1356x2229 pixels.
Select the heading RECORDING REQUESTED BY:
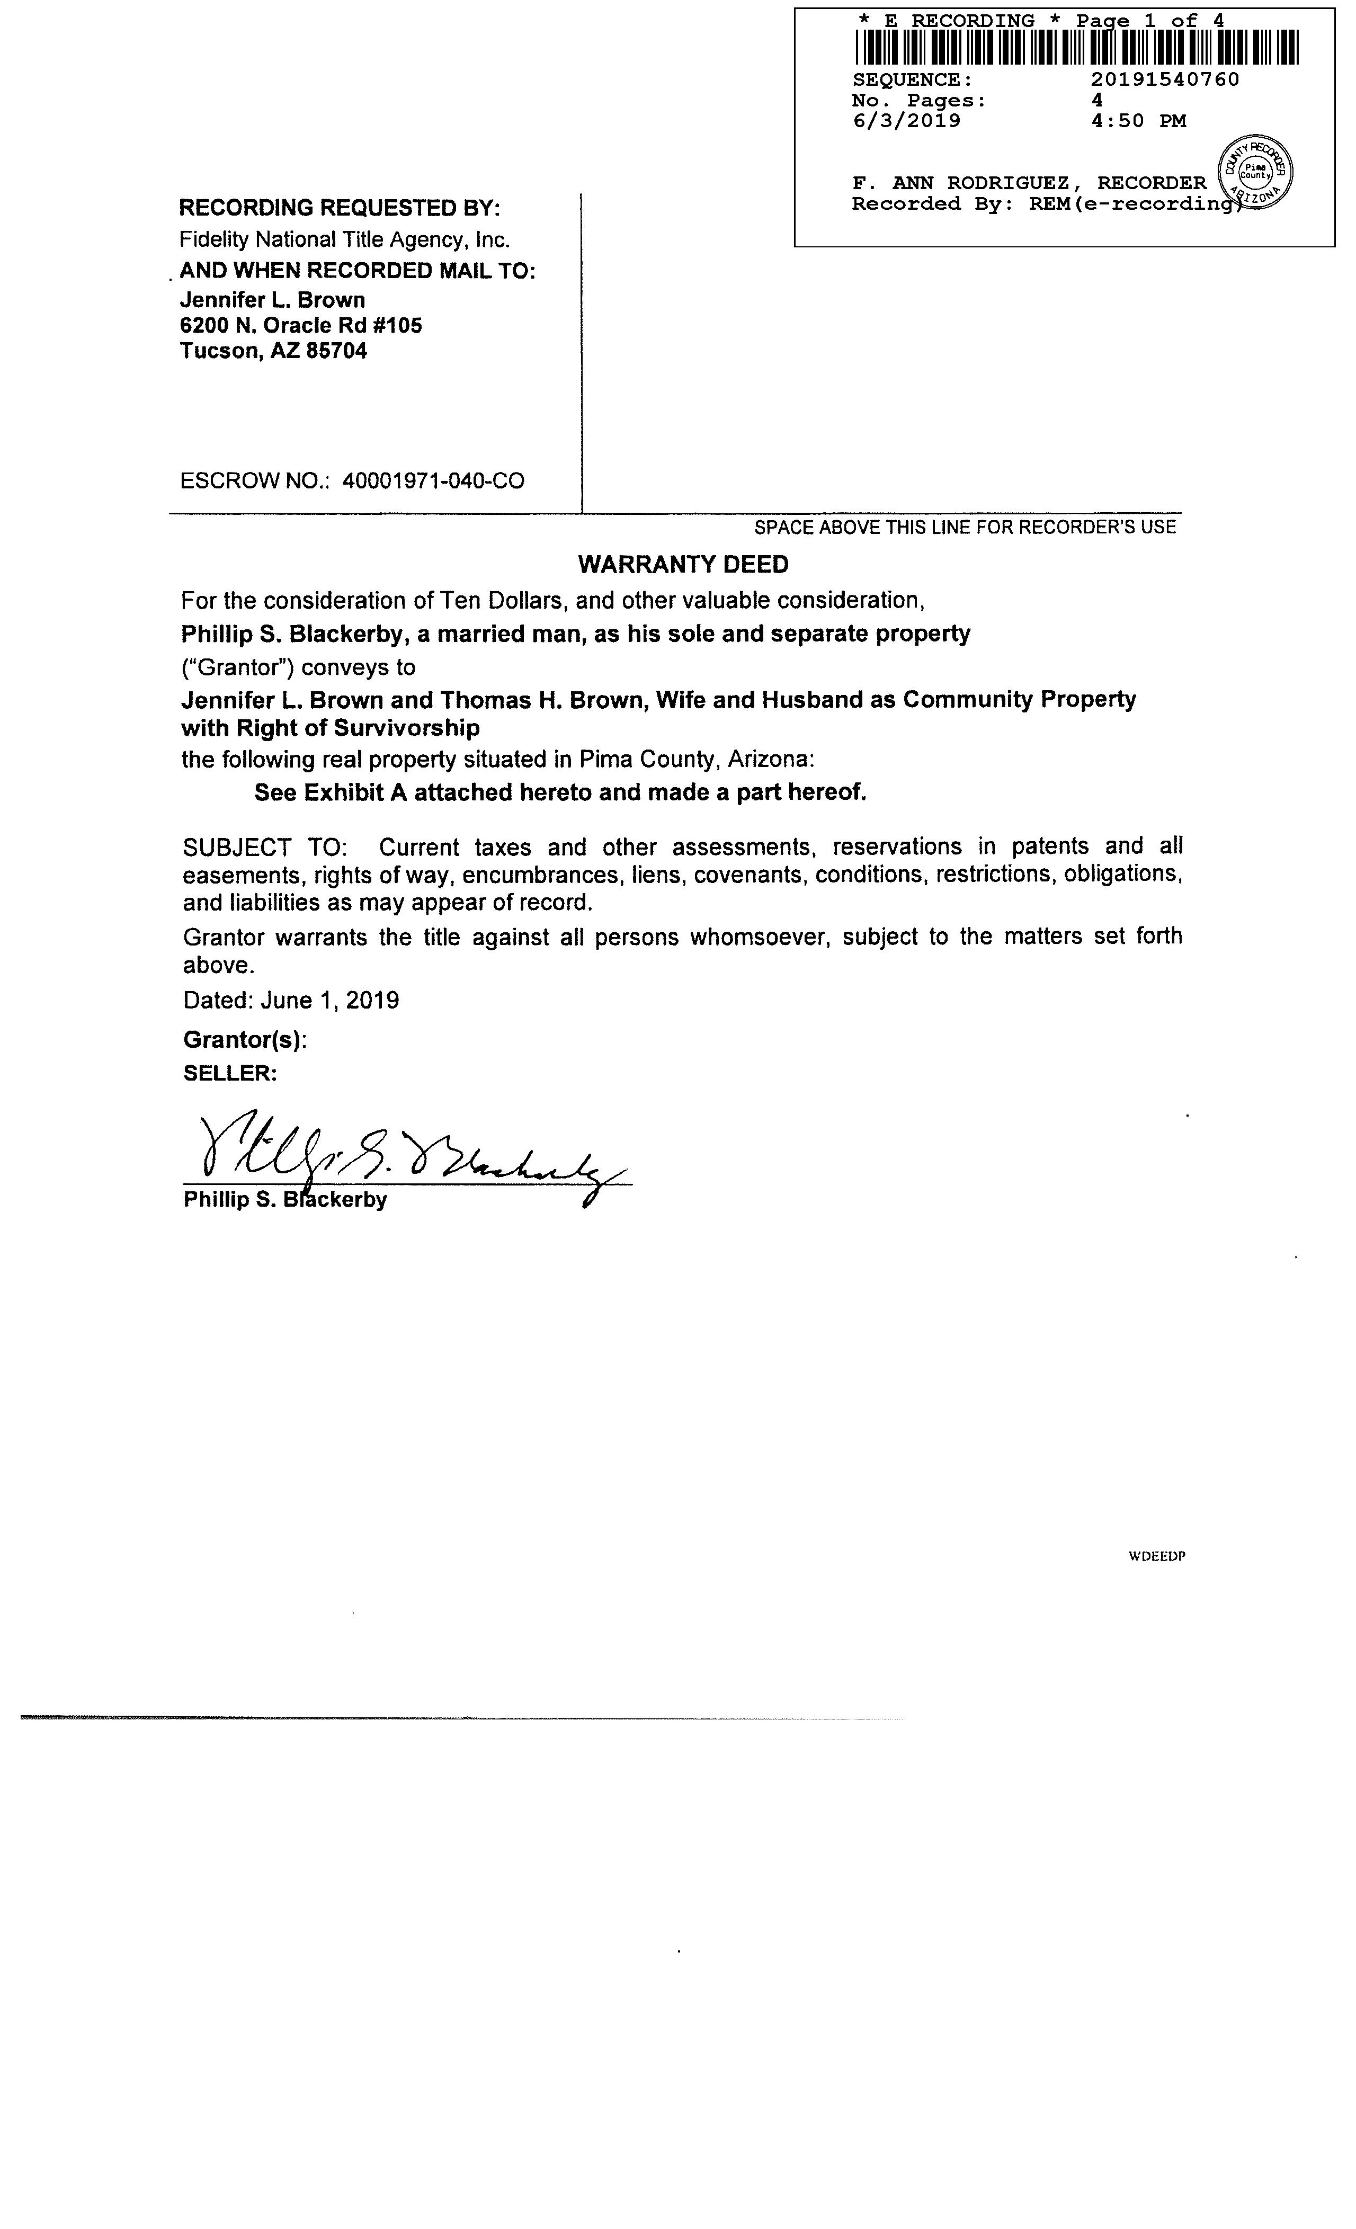[x=339, y=208]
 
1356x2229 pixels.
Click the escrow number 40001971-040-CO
[x=433, y=480]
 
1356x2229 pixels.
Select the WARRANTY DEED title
[x=683, y=565]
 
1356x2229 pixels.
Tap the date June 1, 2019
[x=329, y=1001]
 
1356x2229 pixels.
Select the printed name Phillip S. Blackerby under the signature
[x=285, y=1200]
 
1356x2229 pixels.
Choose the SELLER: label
[x=230, y=1074]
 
